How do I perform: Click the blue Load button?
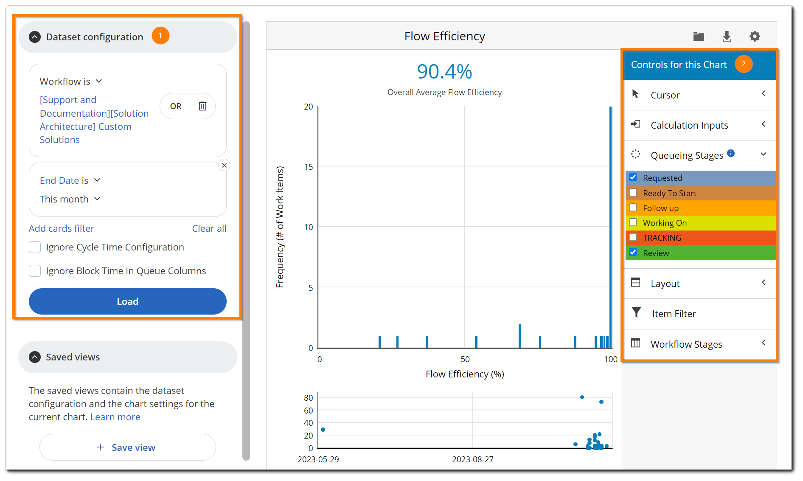(127, 301)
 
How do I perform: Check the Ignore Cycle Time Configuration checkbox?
(35, 247)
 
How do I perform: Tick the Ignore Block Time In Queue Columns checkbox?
(35, 271)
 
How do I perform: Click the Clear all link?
(209, 228)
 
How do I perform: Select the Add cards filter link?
(62, 228)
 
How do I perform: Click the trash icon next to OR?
(202, 106)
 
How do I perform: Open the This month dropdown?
(70, 199)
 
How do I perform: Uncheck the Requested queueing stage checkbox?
(633, 177)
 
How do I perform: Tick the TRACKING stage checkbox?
(633, 237)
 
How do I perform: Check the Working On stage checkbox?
(633, 222)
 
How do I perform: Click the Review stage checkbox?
(633, 253)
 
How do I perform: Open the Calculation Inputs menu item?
(689, 125)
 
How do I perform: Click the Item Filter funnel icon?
(636, 313)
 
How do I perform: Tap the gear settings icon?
(754, 37)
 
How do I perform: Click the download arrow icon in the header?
(727, 37)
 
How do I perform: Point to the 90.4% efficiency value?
(444, 71)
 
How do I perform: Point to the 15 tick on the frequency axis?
(309, 167)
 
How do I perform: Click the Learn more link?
(115, 417)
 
